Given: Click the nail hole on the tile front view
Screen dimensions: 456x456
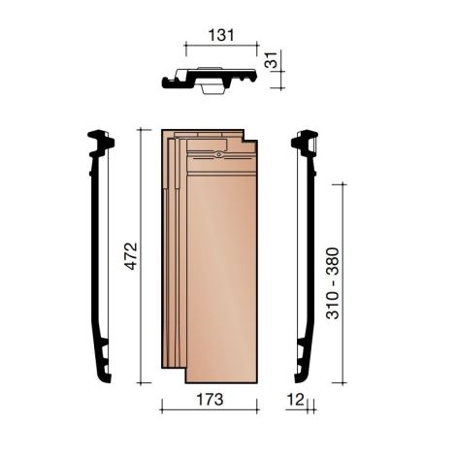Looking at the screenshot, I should [221, 153].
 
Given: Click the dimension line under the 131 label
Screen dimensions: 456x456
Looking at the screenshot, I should [221, 44].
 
